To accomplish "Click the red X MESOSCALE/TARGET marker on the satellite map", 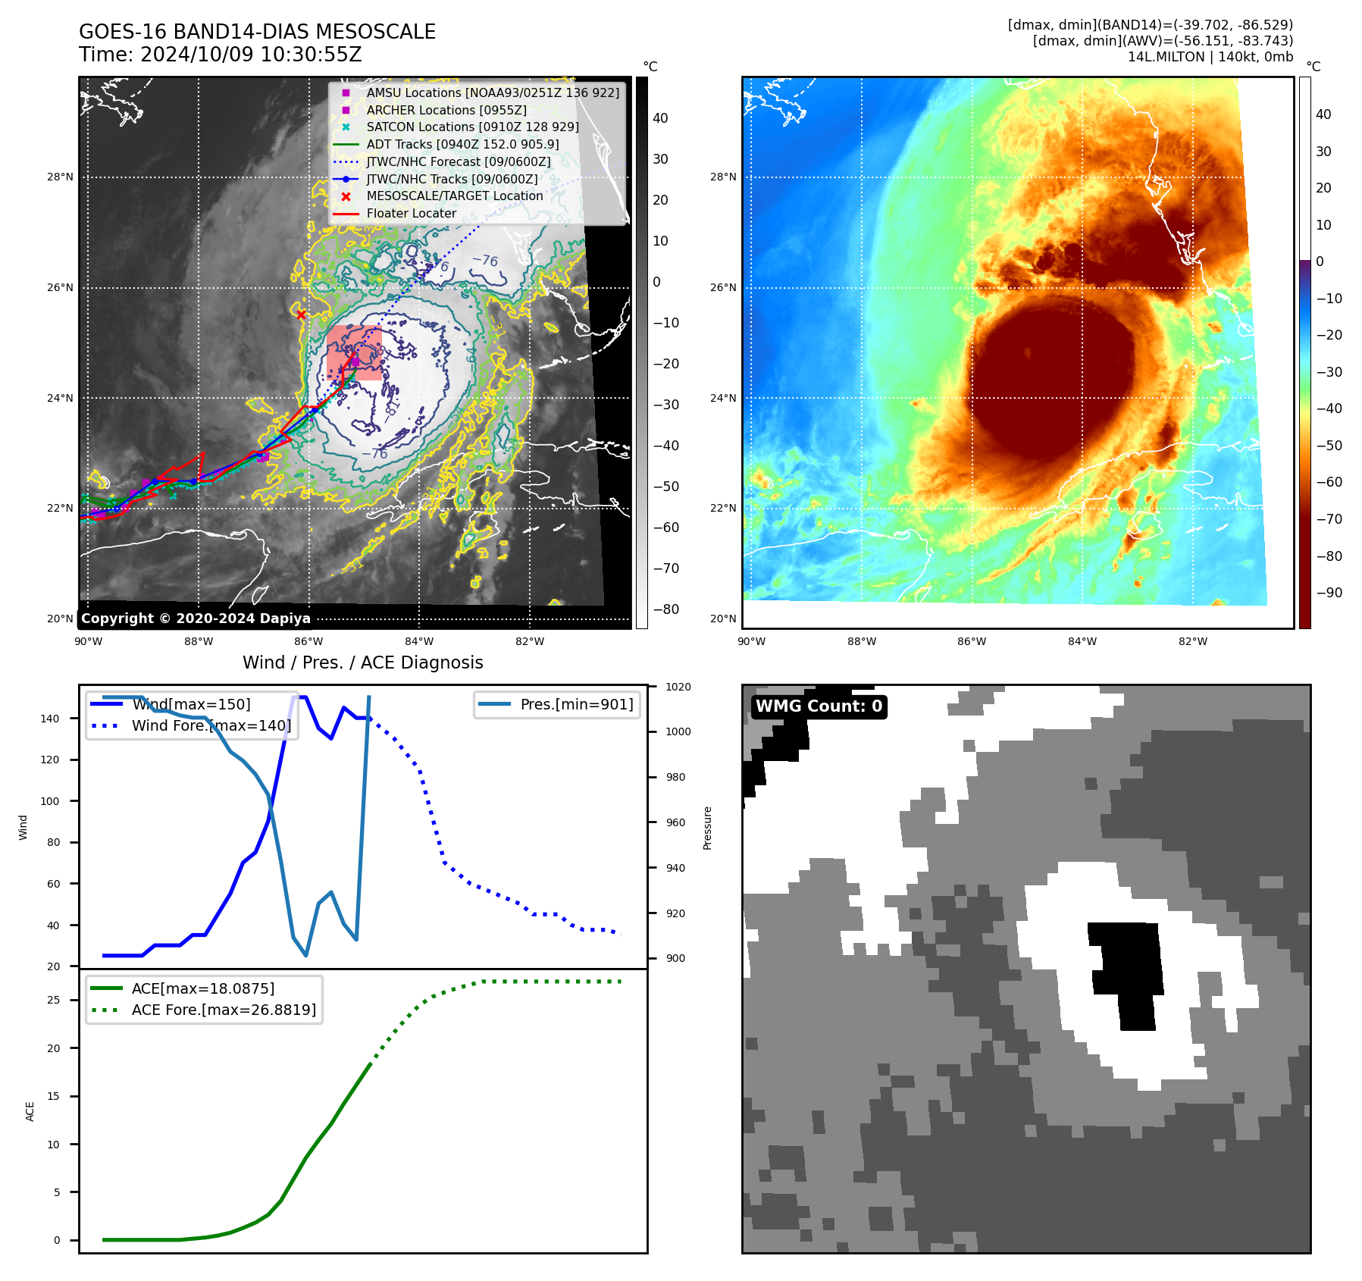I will pyautogui.click(x=301, y=315).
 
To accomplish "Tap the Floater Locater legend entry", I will pyautogui.click(x=411, y=213).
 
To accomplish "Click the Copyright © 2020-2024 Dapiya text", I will pyautogui.click(x=196, y=618).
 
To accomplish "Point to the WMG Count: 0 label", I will pyautogui.click(x=819, y=706).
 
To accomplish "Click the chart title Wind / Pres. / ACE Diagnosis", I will pyautogui.click(x=362, y=662).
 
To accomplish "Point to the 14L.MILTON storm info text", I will pyautogui.click(x=1210, y=57).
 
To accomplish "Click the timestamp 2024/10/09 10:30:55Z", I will pyautogui.click(x=250, y=55).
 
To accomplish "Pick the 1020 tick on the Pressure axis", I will pyautogui.click(x=678, y=687).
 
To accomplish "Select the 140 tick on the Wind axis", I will pyautogui.click(x=50, y=719).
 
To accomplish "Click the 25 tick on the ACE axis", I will pyautogui.click(x=53, y=1000).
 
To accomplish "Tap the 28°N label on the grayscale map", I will pyautogui.click(x=60, y=177).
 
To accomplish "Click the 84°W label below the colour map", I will pyautogui.click(x=1082, y=641).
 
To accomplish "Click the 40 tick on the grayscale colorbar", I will pyautogui.click(x=660, y=118).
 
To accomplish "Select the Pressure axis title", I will pyautogui.click(x=707, y=828).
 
